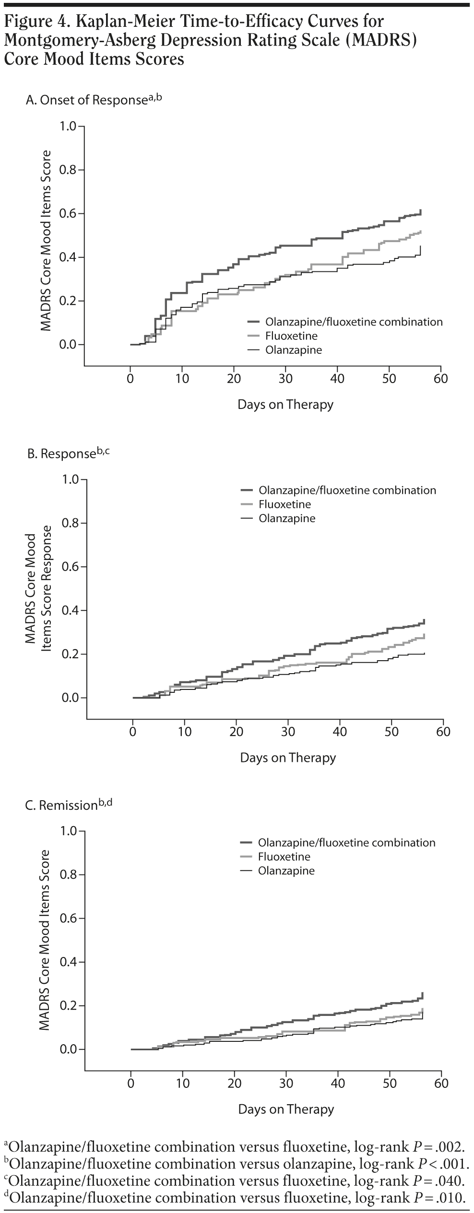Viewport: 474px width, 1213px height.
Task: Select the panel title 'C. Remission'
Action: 68,805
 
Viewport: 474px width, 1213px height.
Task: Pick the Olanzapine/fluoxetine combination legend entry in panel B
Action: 347,490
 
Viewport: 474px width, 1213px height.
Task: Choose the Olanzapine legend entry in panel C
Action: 286,871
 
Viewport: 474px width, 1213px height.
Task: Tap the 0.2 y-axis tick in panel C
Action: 69,1006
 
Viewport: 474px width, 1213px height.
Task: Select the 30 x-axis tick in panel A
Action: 285,379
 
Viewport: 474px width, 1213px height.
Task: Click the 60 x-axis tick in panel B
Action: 443,732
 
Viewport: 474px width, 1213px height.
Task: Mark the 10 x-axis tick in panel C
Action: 183,1084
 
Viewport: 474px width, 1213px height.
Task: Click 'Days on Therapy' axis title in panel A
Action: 285,404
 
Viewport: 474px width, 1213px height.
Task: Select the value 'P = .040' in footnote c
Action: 439,1180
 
